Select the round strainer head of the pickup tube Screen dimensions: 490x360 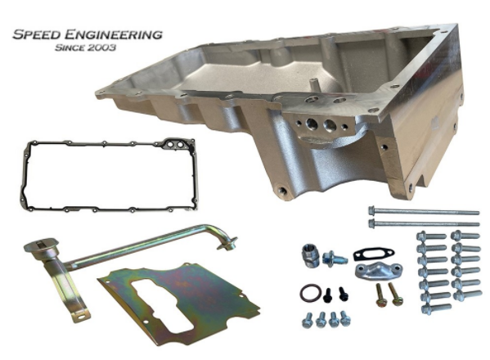pos(41,245)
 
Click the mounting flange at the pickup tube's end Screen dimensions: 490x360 pos(227,244)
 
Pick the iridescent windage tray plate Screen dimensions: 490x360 pos(178,303)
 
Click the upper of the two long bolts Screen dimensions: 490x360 pos(424,211)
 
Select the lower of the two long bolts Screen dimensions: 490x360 pos(424,223)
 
